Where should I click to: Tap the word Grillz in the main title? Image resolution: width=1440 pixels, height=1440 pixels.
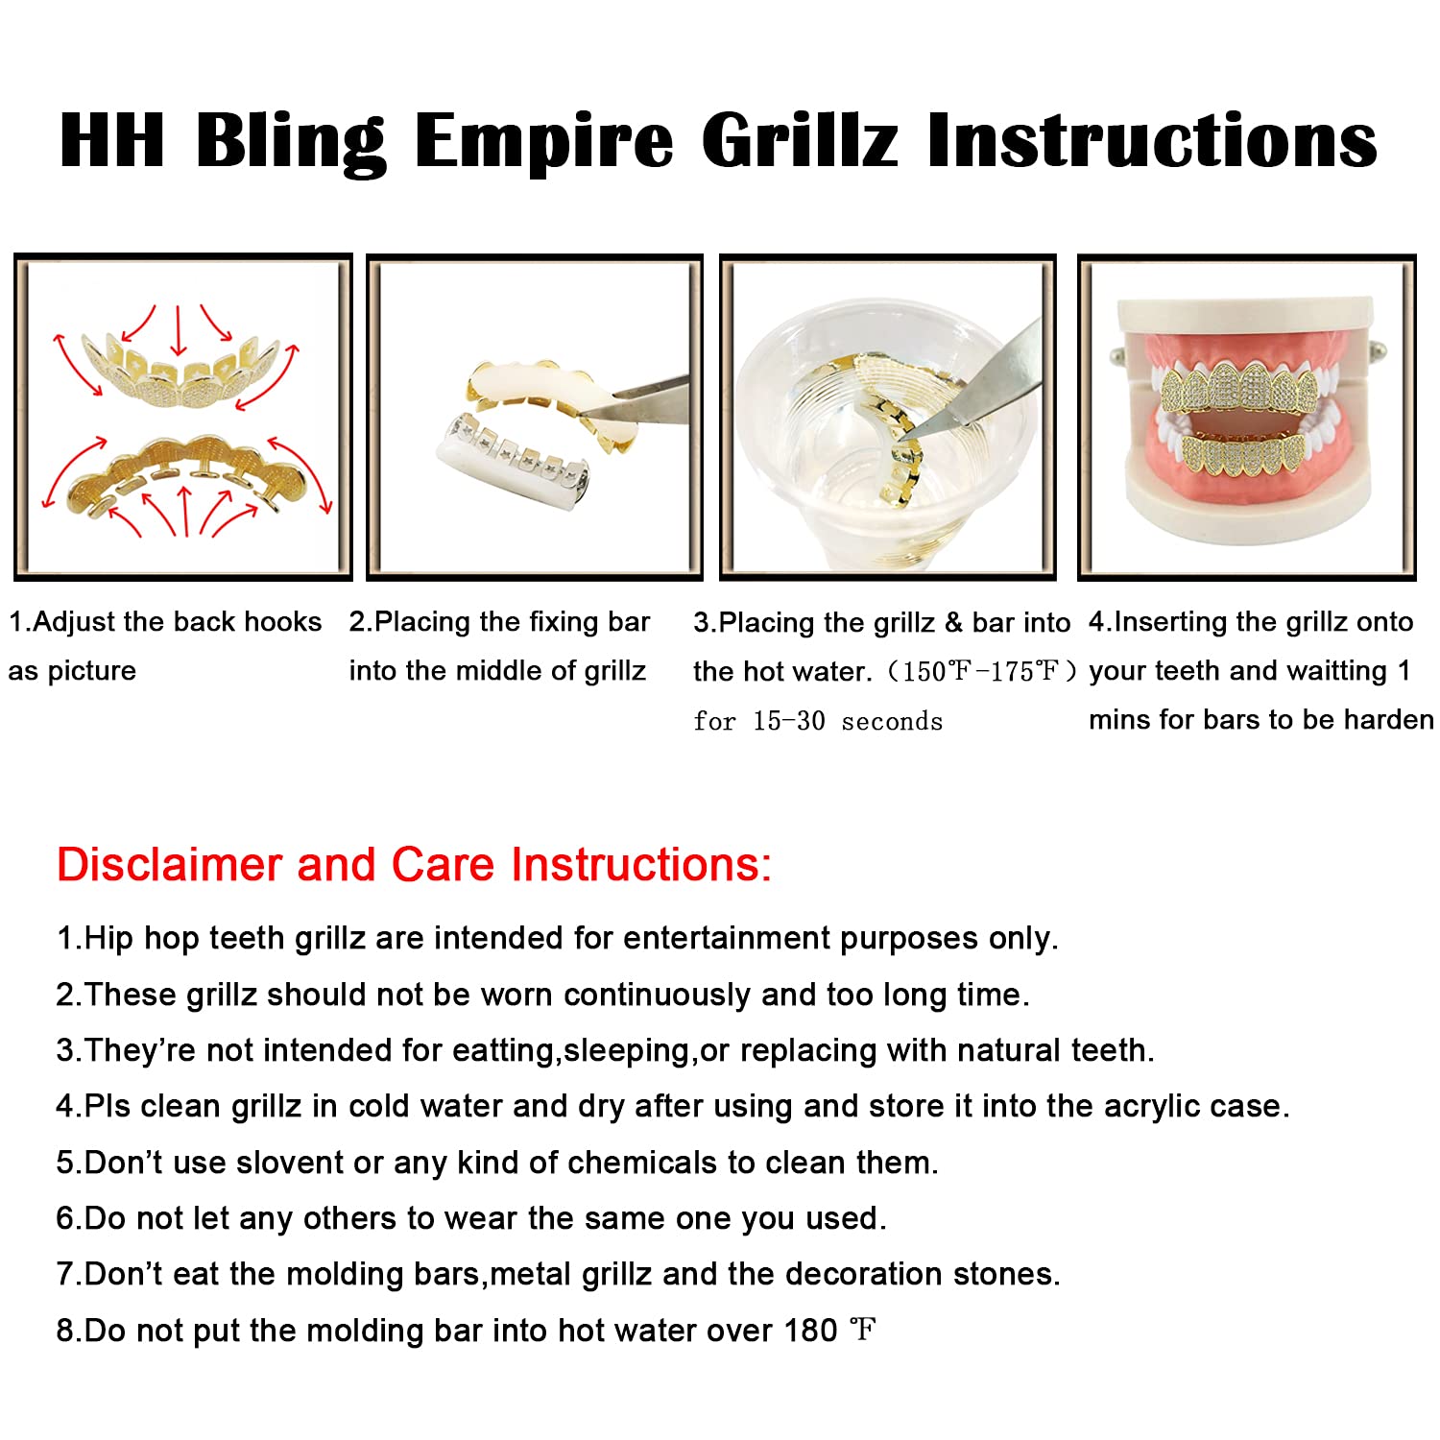[x=800, y=140]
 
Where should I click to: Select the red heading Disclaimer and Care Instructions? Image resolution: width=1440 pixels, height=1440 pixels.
[x=414, y=864]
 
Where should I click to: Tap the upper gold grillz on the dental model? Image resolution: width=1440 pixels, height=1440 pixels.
[x=1245, y=388]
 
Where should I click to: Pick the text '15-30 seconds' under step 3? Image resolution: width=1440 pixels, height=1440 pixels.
[x=848, y=721]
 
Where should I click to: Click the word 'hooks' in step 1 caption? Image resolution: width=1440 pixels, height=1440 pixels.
[x=283, y=622]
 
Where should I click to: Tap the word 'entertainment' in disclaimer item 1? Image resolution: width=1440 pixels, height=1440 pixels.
[x=727, y=938]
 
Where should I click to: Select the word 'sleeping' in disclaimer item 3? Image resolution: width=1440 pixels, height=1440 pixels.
[x=627, y=1050]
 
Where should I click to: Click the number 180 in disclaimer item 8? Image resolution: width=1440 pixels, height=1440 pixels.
[x=811, y=1331]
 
